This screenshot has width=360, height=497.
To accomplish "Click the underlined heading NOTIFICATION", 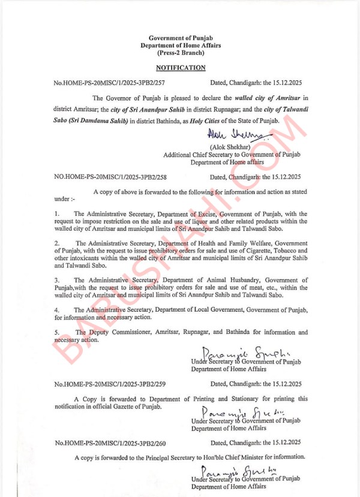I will point(181,68).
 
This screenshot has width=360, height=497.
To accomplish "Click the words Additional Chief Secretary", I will point(196,155).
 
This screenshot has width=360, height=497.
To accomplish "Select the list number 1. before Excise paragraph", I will point(56,213).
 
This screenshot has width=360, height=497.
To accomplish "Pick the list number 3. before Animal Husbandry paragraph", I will point(56,280).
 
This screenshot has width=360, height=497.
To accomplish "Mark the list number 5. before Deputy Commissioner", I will point(56,332).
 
